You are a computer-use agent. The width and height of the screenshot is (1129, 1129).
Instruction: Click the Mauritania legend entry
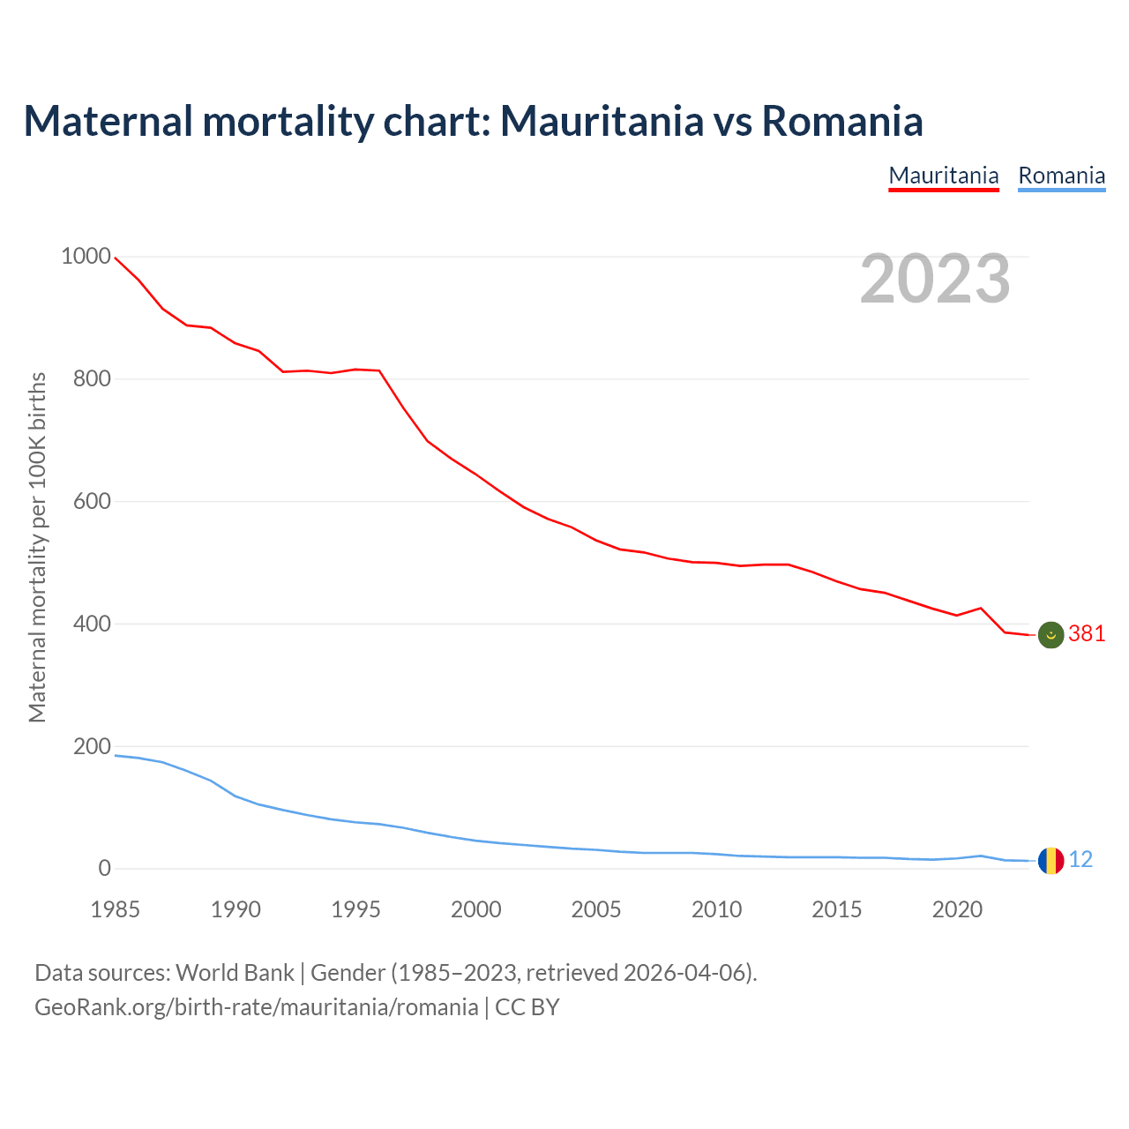pyautogui.click(x=944, y=176)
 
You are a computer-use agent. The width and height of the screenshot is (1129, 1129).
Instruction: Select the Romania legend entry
pyautogui.click(x=1061, y=176)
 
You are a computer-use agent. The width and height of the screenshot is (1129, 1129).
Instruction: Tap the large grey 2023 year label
pyautogui.click(x=935, y=279)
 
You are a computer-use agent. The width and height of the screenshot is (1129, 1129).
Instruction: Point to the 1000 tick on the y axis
pyautogui.click(x=86, y=257)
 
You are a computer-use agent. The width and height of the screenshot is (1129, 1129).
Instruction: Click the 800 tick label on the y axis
pyautogui.click(x=92, y=379)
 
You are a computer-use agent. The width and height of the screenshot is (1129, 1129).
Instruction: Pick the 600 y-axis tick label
pyautogui.click(x=92, y=502)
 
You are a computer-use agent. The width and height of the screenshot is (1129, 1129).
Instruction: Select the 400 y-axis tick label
pyautogui.click(x=92, y=624)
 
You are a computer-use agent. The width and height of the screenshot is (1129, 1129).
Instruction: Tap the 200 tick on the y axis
pyautogui.click(x=92, y=746)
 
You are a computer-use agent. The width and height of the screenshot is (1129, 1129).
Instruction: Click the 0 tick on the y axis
pyautogui.click(x=105, y=869)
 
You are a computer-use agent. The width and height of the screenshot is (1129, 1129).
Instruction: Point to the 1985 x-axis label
pyautogui.click(x=116, y=909)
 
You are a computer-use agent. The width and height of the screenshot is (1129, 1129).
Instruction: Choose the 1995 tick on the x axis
pyautogui.click(x=355, y=909)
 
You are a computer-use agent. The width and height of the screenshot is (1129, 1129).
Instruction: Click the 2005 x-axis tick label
pyautogui.click(x=596, y=909)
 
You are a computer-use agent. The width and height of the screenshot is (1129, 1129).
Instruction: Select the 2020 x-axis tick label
pyautogui.click(x=957, y=909)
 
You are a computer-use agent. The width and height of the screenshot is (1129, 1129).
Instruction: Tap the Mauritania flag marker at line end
pyautogui.click(x=1050, y=634)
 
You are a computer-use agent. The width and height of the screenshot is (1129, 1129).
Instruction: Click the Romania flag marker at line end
pyautogui.click(x=1050, y=860)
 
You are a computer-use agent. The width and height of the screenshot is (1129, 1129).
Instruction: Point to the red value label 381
pyautogui.click(x=1087, y=634)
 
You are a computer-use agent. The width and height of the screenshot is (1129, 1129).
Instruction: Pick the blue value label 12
pyautogui.click(x=1080, y=860)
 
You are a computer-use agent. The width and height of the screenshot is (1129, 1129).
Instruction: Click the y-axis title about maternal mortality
pyautogui.click(x=37, y=547)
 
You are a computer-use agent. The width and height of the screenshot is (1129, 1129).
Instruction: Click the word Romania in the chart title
pyautogui.click(x=842, y=121)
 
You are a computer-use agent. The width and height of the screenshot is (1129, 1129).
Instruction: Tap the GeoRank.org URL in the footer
pyautogui.click(x=256, y=1007)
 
